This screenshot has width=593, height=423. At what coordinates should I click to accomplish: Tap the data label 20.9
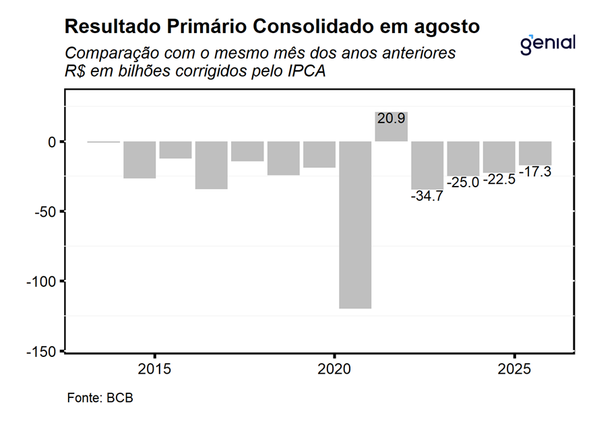click(x=391, y=119)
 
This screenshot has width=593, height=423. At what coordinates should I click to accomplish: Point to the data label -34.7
click(x=427, y=197)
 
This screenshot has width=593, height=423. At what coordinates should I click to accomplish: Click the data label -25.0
click(x=463, y=183)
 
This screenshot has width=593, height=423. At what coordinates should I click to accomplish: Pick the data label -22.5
click(x=499, y=180)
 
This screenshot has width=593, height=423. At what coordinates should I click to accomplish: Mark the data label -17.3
click(x=534, y=172)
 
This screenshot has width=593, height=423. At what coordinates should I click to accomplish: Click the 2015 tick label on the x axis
click(x=154, y=370)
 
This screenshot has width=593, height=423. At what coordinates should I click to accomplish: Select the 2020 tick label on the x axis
click(x=334, y=370)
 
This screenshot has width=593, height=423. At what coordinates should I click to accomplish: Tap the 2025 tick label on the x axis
click(x=514, y=370)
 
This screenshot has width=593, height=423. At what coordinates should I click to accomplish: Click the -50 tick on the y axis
click(x=44, y=211)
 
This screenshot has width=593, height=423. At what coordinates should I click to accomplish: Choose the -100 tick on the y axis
click(x=42, y=282)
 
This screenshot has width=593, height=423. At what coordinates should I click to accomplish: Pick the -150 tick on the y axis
click(x=42, y=352)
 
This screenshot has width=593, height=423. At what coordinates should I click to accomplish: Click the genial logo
click(x=548, y=43)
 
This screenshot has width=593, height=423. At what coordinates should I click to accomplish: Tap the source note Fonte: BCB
click(x=100, y=397)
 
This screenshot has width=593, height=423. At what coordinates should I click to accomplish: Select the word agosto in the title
click(x=448, y=28)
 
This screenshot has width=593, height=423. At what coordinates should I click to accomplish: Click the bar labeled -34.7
click(x=427, y=165)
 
